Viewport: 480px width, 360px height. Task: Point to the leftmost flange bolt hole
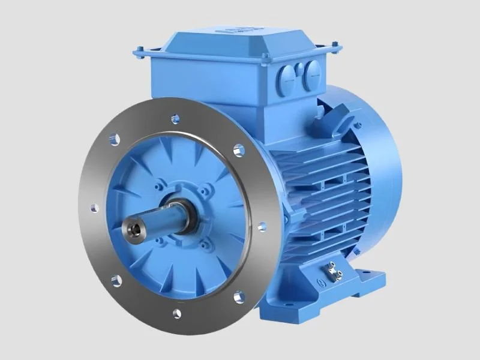94,208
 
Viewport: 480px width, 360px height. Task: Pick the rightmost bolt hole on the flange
262,227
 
